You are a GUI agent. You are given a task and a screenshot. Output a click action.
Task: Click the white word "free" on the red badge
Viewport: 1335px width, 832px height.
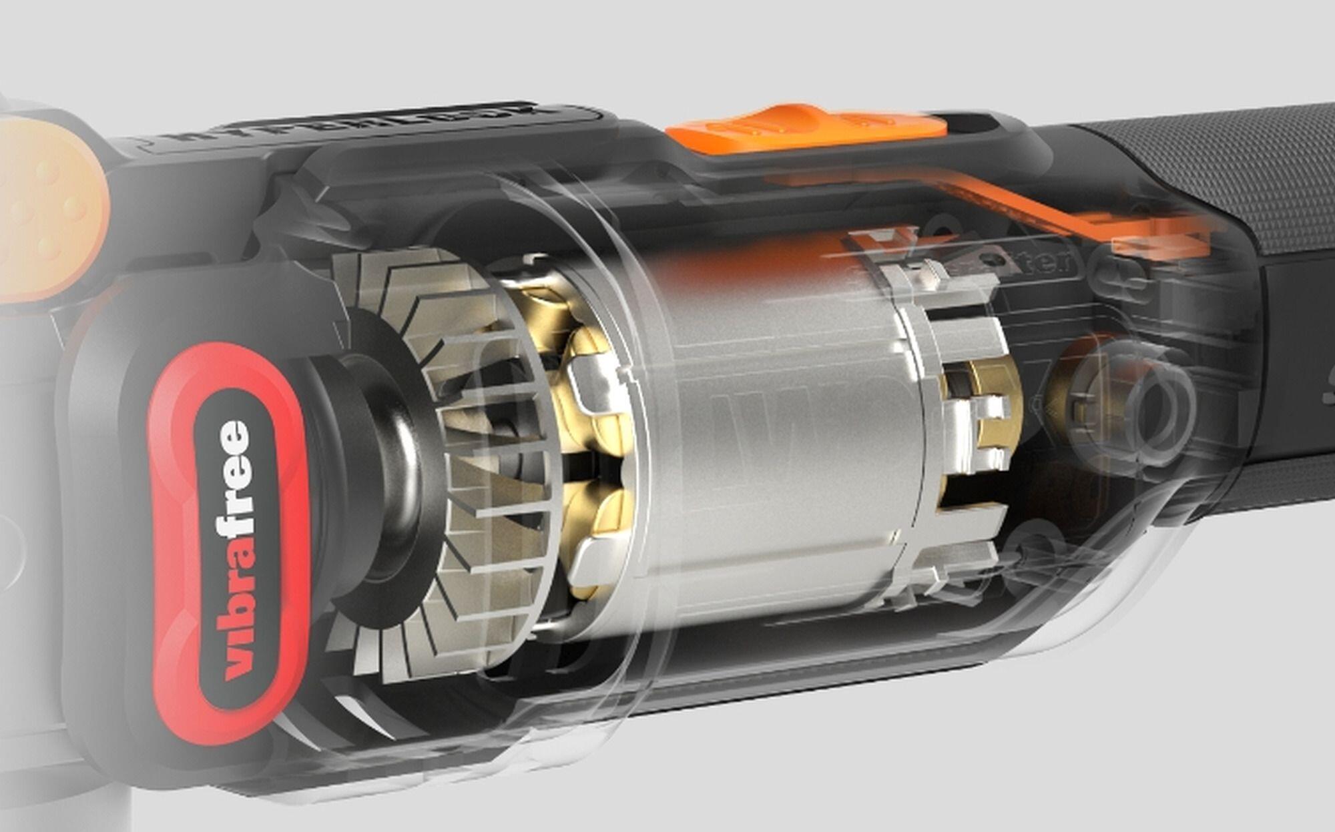pos(235,478)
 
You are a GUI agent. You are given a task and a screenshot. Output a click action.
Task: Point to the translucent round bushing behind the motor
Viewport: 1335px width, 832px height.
pos(1135,407)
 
